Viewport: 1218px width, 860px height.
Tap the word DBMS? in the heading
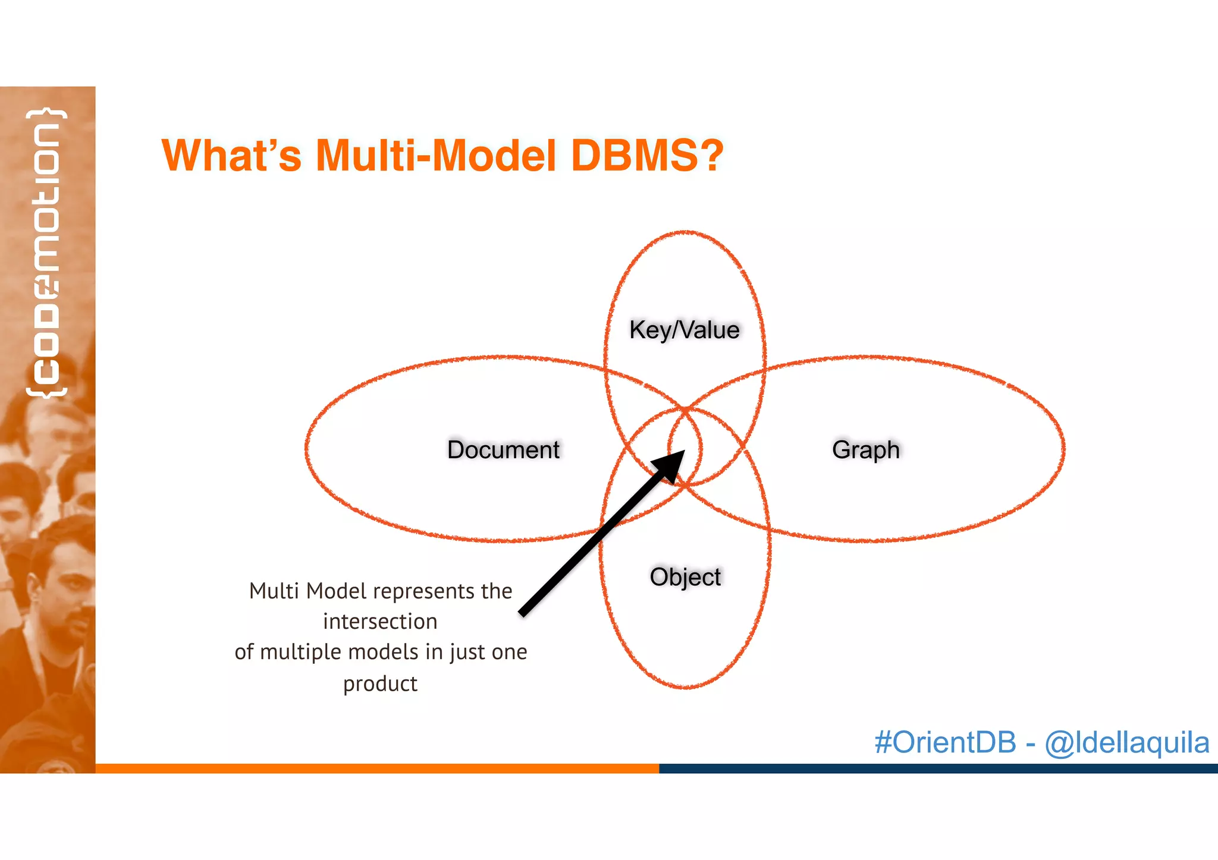point(646,156)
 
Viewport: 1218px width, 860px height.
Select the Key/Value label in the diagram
point(685,330)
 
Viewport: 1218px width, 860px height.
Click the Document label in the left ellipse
point(503,450)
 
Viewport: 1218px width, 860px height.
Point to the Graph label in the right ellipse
point(865,450)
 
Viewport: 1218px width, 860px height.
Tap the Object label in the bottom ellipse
point(685,577)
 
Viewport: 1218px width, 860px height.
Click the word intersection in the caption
point(380,622)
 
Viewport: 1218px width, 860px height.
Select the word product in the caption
point(380,684)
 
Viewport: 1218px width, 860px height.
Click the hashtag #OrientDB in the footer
point(945,742)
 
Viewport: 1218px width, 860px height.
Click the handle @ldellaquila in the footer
point(1126,742)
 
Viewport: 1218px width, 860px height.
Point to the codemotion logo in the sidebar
point(46,253)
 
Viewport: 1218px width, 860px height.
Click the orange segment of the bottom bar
point(377,768)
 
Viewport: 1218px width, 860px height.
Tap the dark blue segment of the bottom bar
point(938,768)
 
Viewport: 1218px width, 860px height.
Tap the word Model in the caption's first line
point(335,591)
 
